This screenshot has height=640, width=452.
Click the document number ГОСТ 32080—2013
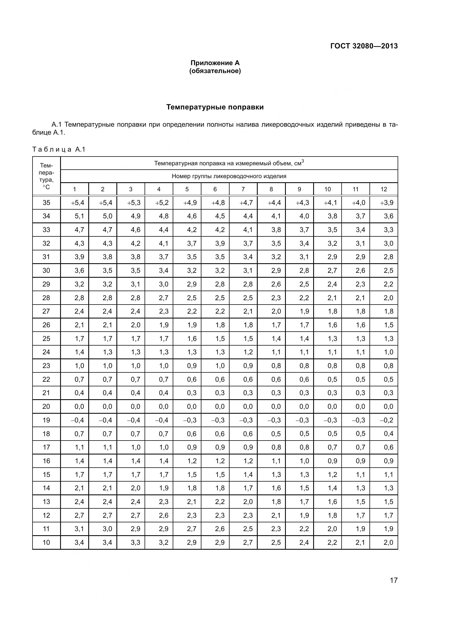coord(364,46)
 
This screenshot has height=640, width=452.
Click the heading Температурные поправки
coord(215,107)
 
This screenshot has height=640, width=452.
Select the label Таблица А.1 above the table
coord(59,149)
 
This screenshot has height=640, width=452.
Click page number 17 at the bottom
coord(394,580)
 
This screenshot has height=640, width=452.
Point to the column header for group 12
coord(383,189)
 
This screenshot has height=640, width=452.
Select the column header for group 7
coord(243,189)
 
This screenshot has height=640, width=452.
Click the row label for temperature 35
coord(46,203)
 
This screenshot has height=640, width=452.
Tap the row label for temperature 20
coord(46,406)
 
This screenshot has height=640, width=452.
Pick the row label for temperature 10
coord(46,542)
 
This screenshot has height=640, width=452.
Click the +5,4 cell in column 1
coord(77,203)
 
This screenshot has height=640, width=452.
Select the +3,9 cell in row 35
coord(387,203)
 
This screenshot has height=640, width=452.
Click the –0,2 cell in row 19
coord(387,420)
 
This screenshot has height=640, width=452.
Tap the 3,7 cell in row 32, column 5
coord(192,243)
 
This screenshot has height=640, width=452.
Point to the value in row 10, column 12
coord(388,542)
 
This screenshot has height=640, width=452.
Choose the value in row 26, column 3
coord(136,325)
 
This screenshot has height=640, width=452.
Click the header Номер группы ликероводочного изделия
coord(229,176)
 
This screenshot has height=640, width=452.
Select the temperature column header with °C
coord(46,176)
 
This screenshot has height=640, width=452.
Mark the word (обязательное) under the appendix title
coord(215,71)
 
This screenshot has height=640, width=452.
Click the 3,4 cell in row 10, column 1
coord(79,542)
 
